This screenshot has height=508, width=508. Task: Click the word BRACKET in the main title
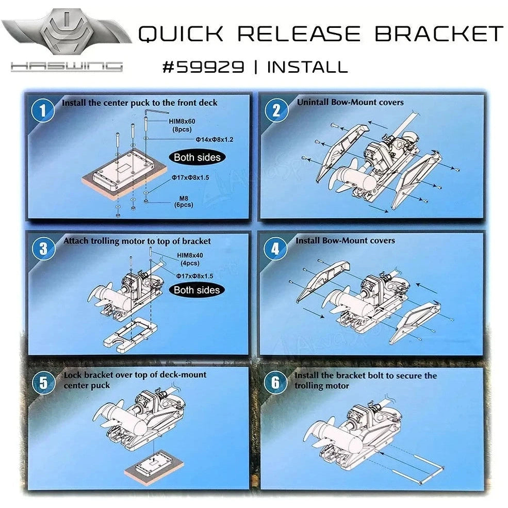(438, 34)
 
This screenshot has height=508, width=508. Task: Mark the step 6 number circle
(276, 383)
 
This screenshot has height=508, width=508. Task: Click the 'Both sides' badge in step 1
(196, 157)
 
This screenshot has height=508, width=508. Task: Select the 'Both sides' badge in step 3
(196, 290)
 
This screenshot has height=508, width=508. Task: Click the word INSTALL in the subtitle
(307, 67)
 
